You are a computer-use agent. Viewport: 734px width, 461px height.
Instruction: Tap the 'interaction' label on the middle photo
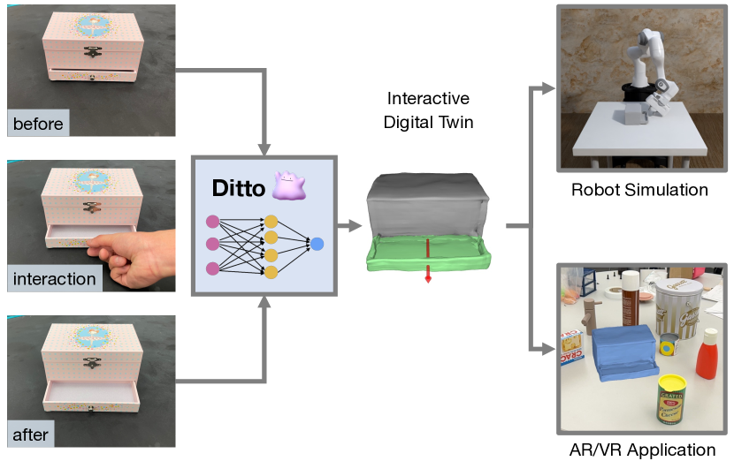54,279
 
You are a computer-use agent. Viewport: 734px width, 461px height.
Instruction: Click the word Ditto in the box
239,188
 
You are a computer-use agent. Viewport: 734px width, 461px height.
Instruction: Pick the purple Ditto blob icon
287,187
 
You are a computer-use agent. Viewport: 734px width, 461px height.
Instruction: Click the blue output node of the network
317,243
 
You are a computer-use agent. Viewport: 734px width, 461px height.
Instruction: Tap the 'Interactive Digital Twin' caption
428,110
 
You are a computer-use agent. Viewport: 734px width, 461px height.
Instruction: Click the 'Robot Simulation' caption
638,190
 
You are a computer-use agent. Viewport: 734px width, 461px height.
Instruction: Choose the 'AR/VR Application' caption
642,450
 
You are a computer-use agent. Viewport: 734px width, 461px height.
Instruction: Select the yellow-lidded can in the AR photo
672,398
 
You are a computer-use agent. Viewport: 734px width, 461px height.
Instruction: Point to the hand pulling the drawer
134,261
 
